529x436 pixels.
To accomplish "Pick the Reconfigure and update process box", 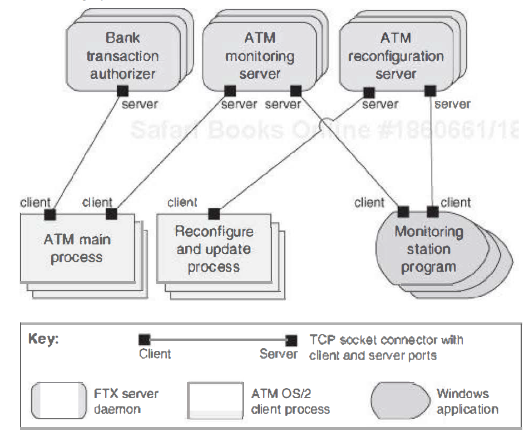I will [214, 249].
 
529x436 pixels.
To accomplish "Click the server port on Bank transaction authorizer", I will [123, 90].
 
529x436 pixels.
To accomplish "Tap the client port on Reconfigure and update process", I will [214, 213].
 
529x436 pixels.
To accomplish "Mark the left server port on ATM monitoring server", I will [229, 90].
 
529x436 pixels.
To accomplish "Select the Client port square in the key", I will [144, 339].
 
